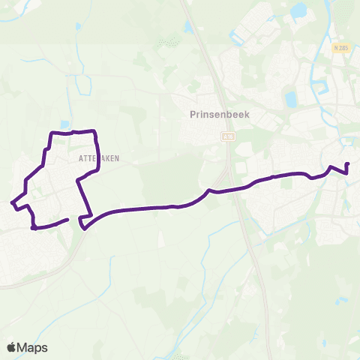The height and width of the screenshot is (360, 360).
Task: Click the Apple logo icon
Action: click(12, 347)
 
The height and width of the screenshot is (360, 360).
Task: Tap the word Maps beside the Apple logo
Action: click(34, 347)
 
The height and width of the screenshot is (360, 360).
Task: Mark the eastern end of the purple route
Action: click(348, 163)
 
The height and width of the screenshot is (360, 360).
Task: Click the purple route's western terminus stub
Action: click(68, 219)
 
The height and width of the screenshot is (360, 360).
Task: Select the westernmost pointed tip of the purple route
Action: click(11, 202)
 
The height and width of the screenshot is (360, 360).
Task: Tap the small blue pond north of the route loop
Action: click(65, 124)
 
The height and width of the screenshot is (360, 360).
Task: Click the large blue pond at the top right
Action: click(300, 10)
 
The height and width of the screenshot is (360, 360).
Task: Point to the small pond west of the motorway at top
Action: click(188, 28)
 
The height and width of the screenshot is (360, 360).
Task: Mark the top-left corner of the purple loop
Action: click(51, 133)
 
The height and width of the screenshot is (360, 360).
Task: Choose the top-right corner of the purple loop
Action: click(96, 132)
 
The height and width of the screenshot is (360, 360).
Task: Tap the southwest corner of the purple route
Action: click(34, 227)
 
